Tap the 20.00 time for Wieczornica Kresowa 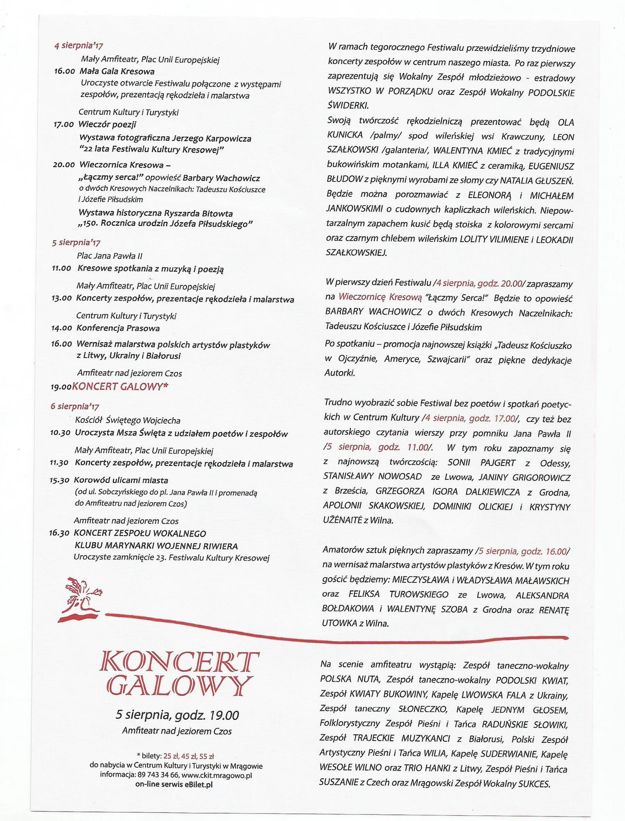(x=64, y=165)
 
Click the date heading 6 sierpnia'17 (x=75, y=406)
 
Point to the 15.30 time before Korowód (x=59, y=480)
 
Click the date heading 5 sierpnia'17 (x=76, y=243)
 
